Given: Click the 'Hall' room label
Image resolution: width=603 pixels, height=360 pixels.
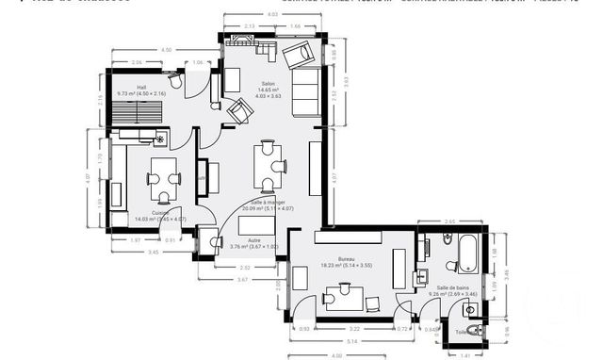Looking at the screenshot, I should [x=140, y=87].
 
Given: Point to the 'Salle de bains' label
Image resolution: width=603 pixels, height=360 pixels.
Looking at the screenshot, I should [x=453, y=287].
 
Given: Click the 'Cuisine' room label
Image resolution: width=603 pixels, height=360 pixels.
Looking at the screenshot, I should [x=160, y=212].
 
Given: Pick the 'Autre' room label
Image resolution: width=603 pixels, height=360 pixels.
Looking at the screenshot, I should [x=254, y=240].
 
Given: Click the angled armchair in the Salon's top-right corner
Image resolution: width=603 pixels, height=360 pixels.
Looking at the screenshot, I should [x=300, y=56].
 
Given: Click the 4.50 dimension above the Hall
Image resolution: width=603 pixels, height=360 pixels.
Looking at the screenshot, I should [x=166, y=49].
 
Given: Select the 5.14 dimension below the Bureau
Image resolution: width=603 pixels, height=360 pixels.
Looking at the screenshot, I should [x=350, y=340].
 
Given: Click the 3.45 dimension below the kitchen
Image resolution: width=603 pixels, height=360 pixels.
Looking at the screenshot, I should [x=152, y=252].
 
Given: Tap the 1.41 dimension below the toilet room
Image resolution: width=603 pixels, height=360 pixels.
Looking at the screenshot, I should [x=465, y=355].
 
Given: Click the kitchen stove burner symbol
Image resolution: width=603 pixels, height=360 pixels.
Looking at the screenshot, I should [x=159, y=140].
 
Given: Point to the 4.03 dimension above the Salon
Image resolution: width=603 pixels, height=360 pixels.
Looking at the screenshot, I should [x=272, y=15].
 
